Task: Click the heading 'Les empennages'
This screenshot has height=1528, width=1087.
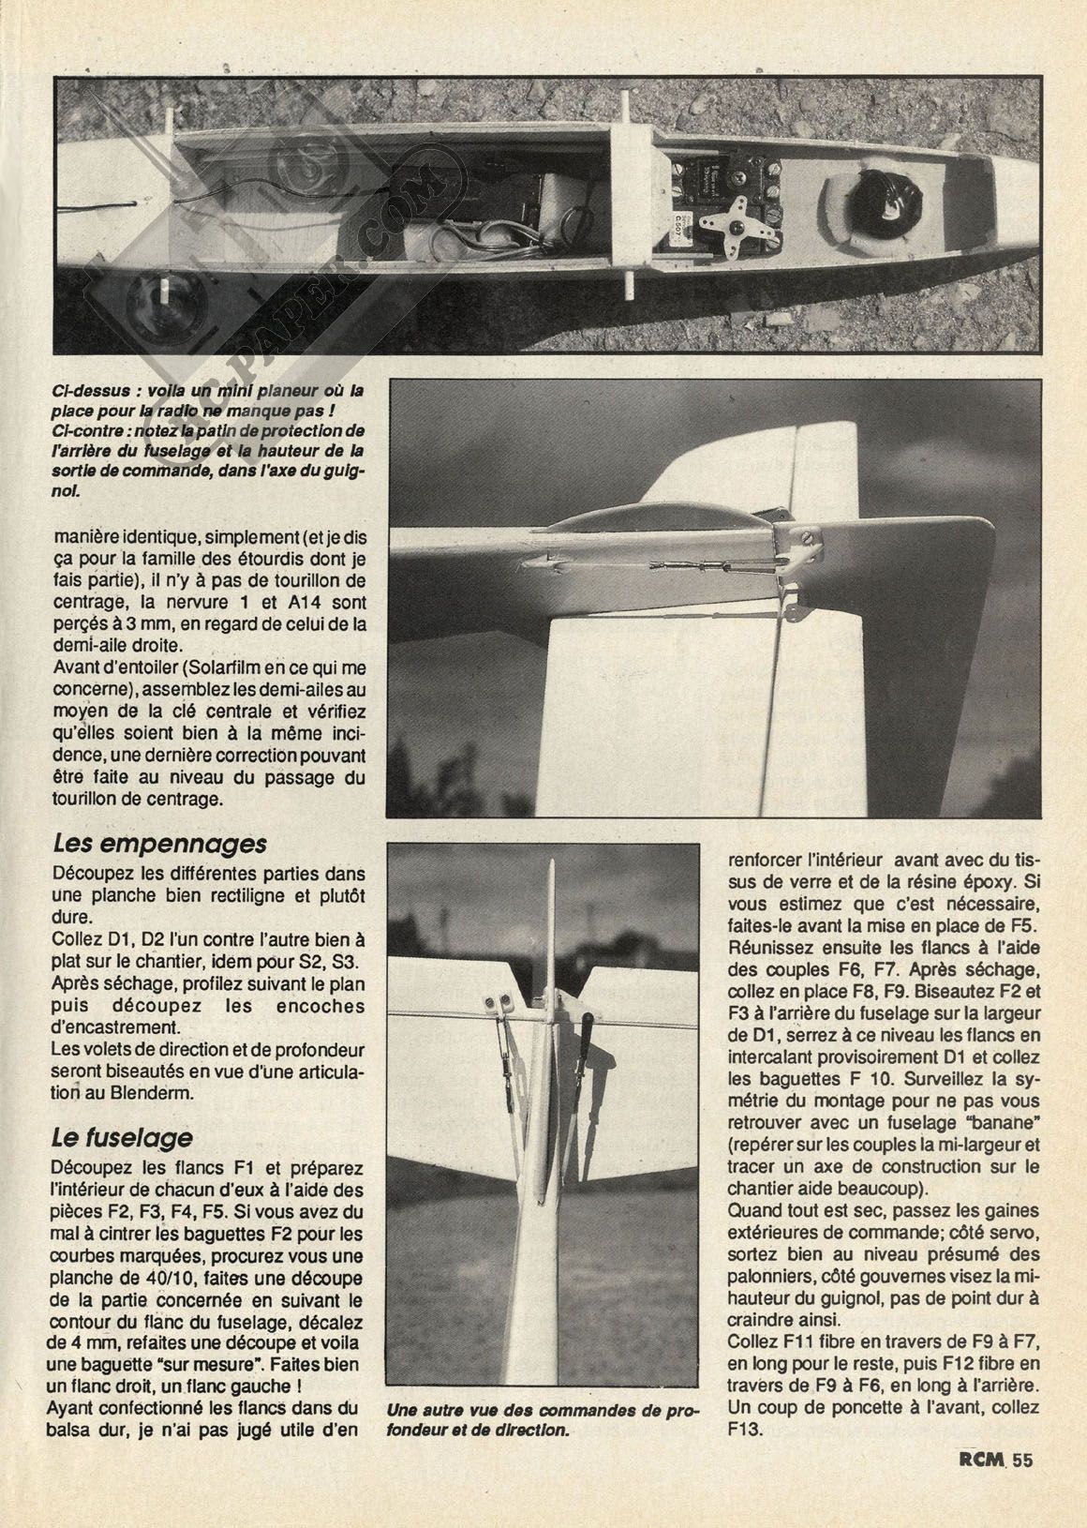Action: point(159,843)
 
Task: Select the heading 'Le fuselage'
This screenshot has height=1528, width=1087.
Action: point(123,1136)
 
